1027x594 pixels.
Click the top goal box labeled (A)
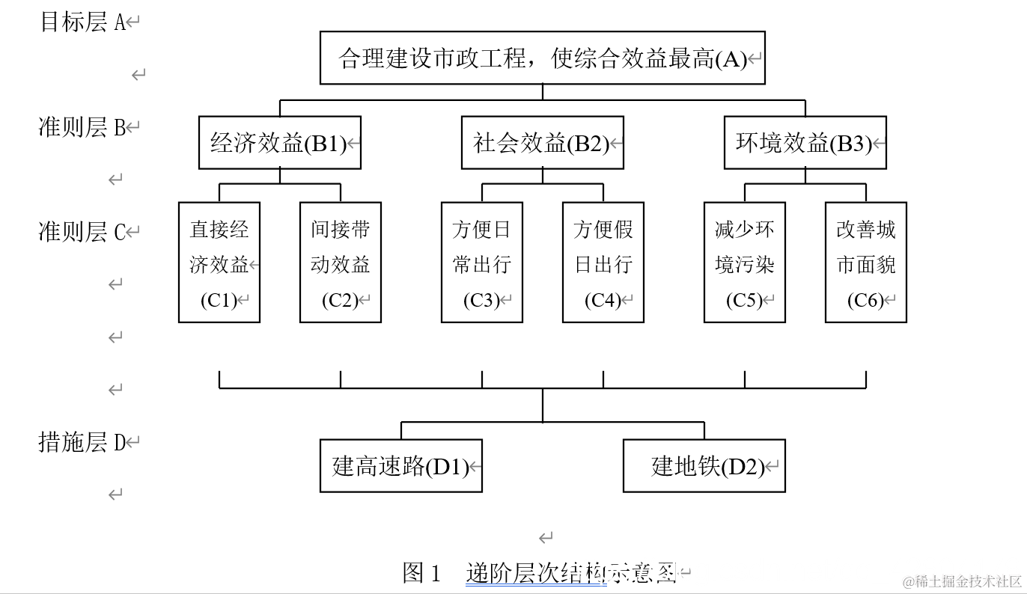pos(543,58)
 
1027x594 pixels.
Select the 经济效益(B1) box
pos(280,143)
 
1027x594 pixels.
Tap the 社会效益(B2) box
pos(543,143)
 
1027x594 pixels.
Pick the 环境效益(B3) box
pos(805,143)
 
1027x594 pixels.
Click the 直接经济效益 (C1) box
pos(219,262)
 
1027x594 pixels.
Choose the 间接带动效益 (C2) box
pos(341,262)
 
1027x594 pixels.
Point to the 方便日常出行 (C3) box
pos(482,262)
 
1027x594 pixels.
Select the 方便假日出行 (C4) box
pos(603,262)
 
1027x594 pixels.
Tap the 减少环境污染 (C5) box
pos(745,262)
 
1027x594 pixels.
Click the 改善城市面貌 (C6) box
pos(866,262)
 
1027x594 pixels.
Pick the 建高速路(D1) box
pos(401,466)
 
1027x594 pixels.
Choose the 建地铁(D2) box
pos(704,466)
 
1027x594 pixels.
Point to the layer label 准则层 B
pos(83,127)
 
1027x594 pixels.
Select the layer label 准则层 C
pos(83,232)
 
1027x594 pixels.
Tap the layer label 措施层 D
pos(83,442)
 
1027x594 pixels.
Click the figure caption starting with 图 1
pos(539,574)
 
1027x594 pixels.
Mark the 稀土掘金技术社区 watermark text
pos(961,582)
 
